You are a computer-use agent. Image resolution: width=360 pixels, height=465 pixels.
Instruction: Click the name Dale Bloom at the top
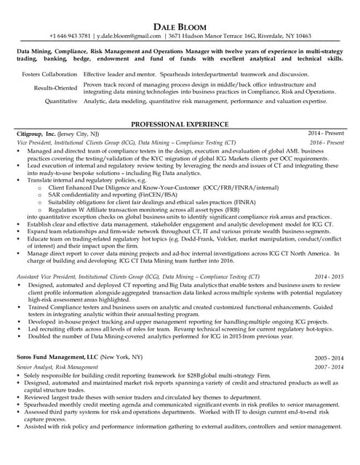click(180, 27)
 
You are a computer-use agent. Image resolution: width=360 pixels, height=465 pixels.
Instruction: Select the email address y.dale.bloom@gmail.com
click(129, 36)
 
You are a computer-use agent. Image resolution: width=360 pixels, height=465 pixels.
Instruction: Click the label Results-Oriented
click(56, 87)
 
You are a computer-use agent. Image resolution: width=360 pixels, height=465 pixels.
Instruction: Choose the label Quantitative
click(60, 102)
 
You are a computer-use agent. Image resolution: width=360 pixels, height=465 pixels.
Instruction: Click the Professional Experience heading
click(180, 125)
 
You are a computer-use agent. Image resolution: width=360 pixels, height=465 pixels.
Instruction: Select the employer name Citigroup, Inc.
click(36, 135)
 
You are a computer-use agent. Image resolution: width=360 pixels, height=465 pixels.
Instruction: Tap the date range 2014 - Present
click(325, 135)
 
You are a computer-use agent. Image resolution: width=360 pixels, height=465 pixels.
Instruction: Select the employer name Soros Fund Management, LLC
click(55, 359)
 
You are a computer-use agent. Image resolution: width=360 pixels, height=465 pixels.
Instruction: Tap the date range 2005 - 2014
click(329, 359)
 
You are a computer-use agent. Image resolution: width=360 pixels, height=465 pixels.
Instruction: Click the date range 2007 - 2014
click(329, 368)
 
